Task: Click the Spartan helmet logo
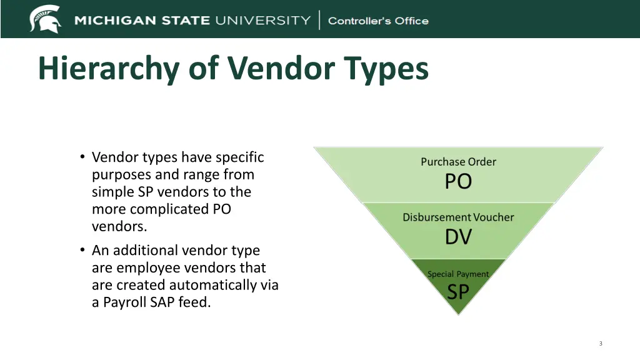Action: (x=46, y=19)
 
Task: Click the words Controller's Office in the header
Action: (x=378, y=21)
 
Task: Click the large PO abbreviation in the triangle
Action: (x=458, y=182)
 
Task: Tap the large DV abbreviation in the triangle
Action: (x=458, y=237)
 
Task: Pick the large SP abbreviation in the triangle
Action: (x=458, y=292)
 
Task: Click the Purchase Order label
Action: (x=458, y=162)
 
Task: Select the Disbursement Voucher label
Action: (x=458, y=217)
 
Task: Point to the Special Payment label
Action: (x=458, y=274)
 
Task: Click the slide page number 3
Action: (x=601, y=343)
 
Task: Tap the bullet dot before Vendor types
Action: (x=82, y=157)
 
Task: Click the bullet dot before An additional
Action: (x=82, y=251)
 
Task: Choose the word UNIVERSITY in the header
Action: (x=262, y=21)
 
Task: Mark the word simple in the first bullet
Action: (x=108, y=192)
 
